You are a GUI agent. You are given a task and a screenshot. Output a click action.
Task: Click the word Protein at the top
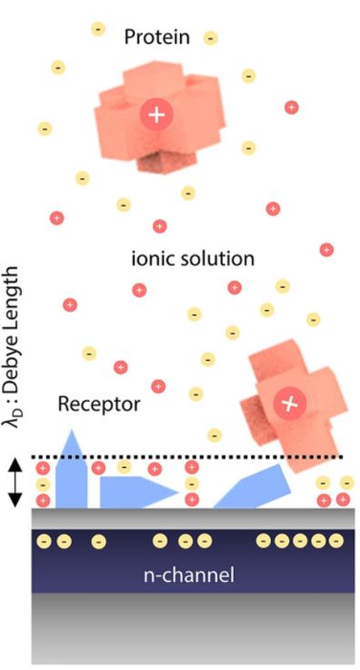[x=161, y=36]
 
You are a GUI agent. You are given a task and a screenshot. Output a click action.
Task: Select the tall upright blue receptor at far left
[x=73, y=474]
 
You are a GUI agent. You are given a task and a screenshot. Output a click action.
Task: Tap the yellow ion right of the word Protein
[x=211, y=38]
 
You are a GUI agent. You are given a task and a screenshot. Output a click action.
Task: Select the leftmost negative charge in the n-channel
[x=43, y=542]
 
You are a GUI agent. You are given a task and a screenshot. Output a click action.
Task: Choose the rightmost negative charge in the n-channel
[x=334, y=542]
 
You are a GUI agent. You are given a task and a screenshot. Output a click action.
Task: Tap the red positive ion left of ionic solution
[x=69, y=305]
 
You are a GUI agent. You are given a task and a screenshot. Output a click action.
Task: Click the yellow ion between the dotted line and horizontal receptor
[x=124, y=467]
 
